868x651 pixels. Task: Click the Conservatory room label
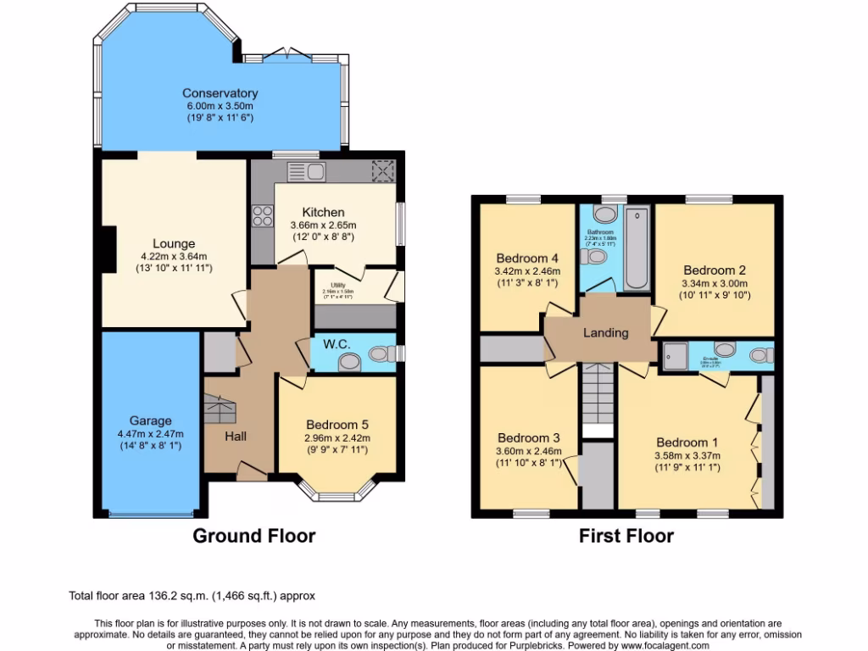pos(220,93)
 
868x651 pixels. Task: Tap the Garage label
pos(151,420)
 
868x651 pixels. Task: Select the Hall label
pos(236,436)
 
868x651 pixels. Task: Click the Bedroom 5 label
pos(337,425)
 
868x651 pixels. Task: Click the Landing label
pos(606,333)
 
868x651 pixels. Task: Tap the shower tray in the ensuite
pos(676,354)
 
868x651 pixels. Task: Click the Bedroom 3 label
pos(528,438)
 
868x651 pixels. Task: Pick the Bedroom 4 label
pos(527,258)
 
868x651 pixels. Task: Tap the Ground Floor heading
pos(254,536)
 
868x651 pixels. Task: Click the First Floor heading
pos(626,536)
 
